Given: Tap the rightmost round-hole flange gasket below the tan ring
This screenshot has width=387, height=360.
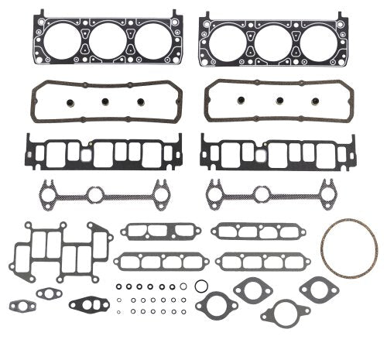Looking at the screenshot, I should pyautogui.click(x=318, y=290).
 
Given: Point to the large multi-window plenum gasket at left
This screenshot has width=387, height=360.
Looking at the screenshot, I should pyautogui.click(x=60, y=254).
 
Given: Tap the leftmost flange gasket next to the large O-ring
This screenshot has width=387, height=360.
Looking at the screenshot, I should pyautogui.click(x=215, y=303).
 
